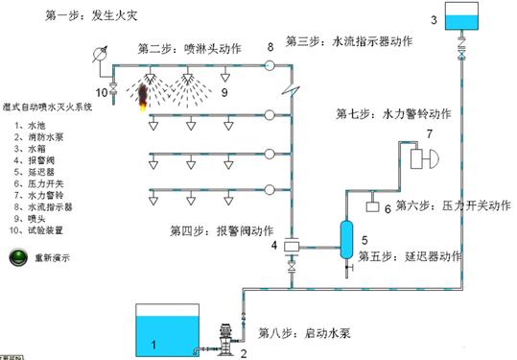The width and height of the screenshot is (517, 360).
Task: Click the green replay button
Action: coord(18,257)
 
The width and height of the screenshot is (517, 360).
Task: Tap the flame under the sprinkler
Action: coord(142,95)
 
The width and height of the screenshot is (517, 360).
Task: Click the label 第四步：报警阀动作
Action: coord(222,230)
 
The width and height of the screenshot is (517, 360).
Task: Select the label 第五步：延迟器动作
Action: coord(410,257)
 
